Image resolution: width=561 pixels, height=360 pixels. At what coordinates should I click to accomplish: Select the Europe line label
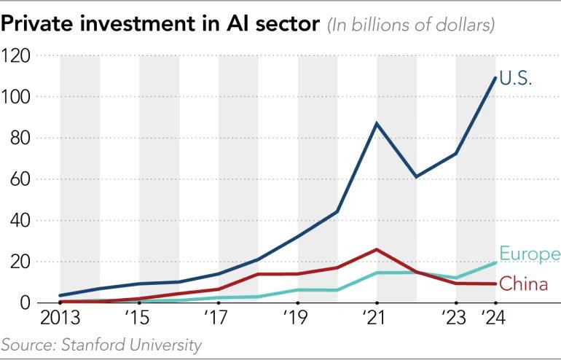[530, 254]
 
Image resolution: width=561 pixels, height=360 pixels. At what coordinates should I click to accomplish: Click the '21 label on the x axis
[377, 318]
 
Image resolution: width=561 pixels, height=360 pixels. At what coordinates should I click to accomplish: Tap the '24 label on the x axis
[495, 318]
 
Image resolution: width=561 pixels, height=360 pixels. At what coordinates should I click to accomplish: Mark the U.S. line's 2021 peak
[377, 123]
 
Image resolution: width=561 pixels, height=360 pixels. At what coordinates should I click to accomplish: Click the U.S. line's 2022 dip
[416, 177]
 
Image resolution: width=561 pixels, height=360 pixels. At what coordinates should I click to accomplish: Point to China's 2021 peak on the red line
[377, 249]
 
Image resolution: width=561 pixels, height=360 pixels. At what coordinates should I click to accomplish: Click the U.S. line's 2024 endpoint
[495, 77]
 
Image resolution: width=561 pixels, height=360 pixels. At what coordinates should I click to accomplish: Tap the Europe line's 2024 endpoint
[495, 262]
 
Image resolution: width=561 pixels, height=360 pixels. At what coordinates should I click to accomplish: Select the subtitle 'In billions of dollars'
[411, 26]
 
